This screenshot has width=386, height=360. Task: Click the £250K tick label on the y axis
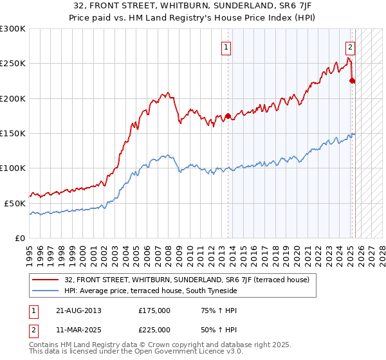pyautogui.click(x=13, y=64)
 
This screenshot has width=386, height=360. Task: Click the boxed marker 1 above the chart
pyautogui.click(x=227, y=46)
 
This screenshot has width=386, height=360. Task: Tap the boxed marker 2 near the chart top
pyautogui.click(x=351, y=46)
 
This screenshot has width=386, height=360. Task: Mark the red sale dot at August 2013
pyautogui.click(x=228, y=116)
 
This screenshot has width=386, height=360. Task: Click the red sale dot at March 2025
pyautogui.click(x=352, y=81)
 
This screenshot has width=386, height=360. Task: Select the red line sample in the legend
pyautogui.click(x=46, y=280)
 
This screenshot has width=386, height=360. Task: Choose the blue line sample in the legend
pyautogui.click(x=46, y=291)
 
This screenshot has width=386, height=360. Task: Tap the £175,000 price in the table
pyautogui.click(x=154, y=310)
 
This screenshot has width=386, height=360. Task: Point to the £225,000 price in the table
pyautogui.click(x=154, y=329)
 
